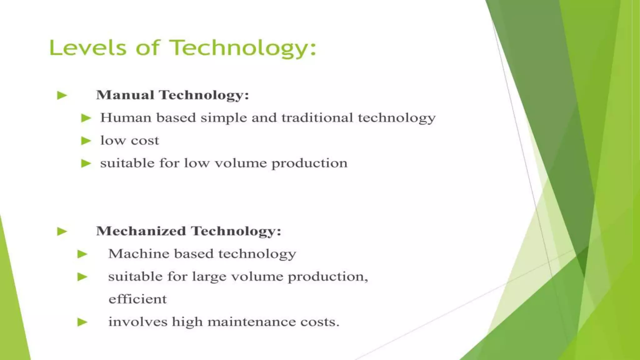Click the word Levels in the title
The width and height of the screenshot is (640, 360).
88,48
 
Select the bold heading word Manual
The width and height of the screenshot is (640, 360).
125,95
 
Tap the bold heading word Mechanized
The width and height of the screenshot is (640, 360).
141,231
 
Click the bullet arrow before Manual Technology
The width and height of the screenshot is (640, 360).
62,95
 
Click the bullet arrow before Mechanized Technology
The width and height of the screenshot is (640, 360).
62,232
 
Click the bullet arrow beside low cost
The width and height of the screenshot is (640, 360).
86,141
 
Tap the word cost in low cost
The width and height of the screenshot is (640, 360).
145,141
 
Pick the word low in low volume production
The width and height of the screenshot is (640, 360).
196,163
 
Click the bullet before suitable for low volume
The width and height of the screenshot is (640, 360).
86,163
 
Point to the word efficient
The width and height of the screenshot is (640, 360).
137,299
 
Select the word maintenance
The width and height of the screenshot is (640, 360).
252,322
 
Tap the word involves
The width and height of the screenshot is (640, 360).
137,322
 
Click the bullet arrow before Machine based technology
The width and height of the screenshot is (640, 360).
82,254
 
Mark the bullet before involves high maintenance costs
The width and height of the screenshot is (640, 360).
82,322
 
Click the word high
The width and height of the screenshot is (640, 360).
187,322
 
